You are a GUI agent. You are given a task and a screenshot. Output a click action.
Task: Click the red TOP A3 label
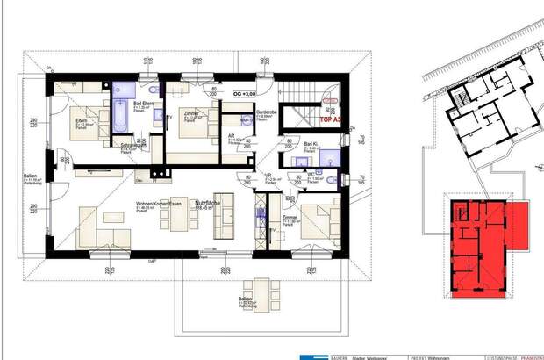[x=331, y=117]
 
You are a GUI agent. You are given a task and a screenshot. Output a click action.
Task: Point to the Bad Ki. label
[x=311, y=144]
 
